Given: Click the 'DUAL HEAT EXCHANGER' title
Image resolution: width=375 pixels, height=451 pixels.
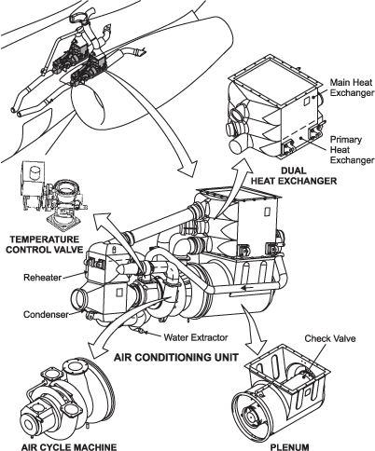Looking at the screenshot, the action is coord(294,175).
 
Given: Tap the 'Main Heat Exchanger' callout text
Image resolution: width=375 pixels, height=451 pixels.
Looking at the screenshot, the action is coord(352,88).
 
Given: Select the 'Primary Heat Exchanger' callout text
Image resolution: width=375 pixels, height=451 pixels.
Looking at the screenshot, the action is coord(352,150).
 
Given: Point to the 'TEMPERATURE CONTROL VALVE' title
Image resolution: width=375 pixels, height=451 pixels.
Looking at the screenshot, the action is coord(45,244).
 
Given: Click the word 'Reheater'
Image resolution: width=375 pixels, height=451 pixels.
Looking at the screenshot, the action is coord(43,277).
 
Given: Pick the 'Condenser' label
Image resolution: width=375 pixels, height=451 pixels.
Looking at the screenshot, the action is coord(46,314).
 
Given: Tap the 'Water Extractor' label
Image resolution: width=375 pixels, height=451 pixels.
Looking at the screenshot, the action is coord(196,337).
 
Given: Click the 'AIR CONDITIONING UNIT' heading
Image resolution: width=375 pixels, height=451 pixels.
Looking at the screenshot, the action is coord(176,357).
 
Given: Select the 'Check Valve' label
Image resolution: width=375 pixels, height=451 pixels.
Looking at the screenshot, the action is coord(330,338).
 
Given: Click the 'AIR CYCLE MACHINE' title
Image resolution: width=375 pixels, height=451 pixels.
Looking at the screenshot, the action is coord(69,447).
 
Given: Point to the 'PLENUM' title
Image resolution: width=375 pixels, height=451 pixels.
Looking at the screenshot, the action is coord(290,447).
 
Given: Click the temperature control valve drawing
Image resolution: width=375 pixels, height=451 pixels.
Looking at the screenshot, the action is coord(53,196).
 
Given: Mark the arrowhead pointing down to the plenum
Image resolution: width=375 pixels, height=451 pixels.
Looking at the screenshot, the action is coord(256,347).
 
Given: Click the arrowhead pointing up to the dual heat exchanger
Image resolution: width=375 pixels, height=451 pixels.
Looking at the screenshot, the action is coord(243,168).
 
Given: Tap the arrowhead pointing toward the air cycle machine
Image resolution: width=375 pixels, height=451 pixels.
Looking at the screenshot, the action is coord(96,350).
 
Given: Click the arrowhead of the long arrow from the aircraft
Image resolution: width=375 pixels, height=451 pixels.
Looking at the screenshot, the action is coord(189,170).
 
